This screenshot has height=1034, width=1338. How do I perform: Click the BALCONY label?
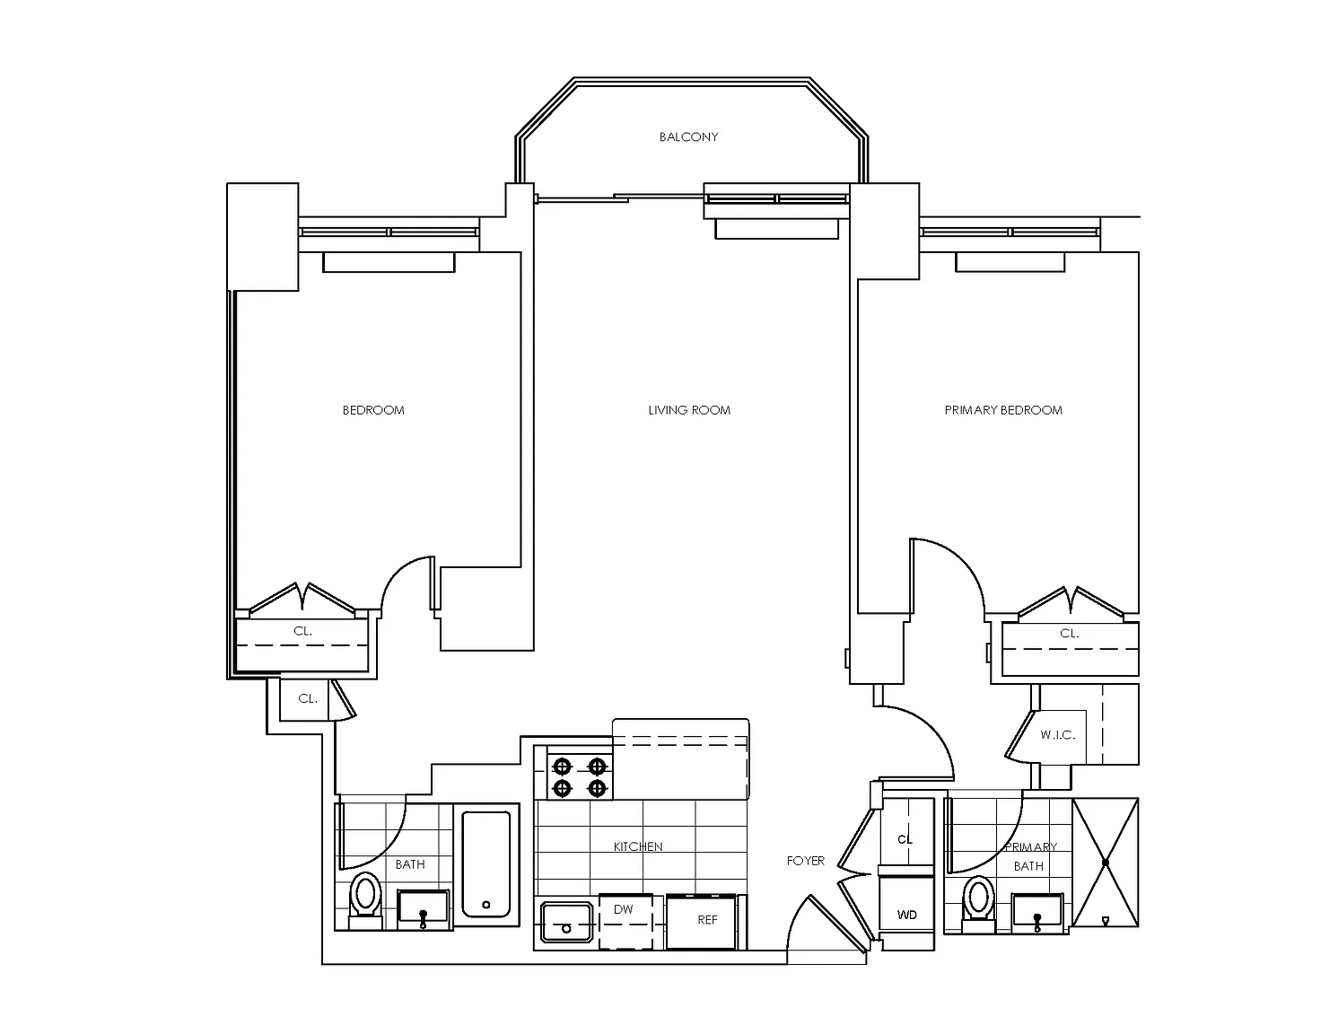688,136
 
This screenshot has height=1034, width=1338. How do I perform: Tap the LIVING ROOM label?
689,410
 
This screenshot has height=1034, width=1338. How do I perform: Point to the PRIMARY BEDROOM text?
1003,410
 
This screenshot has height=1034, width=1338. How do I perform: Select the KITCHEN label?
638,846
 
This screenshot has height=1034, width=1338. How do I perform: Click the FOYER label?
805,861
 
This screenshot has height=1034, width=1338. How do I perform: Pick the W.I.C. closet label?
1057,735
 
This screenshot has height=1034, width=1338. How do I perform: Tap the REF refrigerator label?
707,920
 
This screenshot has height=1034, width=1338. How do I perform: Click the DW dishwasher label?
623,909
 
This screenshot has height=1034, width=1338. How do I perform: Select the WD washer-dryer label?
907,916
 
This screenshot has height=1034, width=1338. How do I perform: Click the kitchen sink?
567,922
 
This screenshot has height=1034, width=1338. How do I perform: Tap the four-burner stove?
580,777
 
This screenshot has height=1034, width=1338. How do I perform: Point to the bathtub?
486,864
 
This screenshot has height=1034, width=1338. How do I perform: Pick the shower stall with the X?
1106,863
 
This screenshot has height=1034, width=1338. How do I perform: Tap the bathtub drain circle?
485,905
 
